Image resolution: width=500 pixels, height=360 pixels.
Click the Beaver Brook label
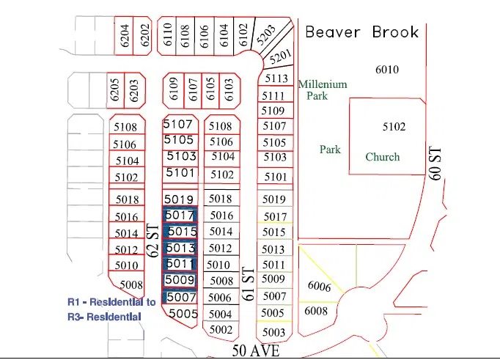[361, 32]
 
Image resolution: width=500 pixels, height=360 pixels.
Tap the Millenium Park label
[322, 89]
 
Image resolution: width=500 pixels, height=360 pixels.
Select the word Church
[383, 157]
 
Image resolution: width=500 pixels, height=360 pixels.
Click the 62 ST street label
[153, 240]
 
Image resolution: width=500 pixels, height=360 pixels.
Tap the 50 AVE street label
[256, 351]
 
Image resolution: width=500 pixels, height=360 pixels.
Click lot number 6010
[386, 70]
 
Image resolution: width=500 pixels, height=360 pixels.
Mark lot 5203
[266, 34]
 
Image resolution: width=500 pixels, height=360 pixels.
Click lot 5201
[280, 54]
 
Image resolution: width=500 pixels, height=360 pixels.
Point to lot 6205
[114, 91]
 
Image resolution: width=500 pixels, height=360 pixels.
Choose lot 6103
[228, 90]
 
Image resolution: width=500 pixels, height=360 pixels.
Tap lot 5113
[276, 78]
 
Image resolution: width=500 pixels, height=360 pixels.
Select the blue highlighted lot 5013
[180, 248]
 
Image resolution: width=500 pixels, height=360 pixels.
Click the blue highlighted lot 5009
[180, 279]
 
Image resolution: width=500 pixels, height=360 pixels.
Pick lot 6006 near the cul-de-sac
[320, 287]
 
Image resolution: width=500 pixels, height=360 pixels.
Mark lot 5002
[221, 330]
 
